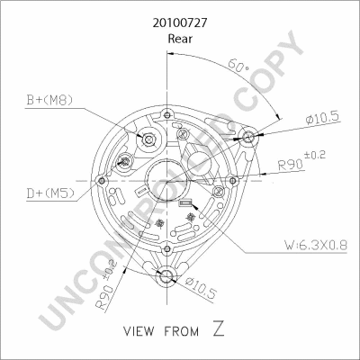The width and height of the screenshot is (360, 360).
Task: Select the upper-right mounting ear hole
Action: click(x=249, y=137)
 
